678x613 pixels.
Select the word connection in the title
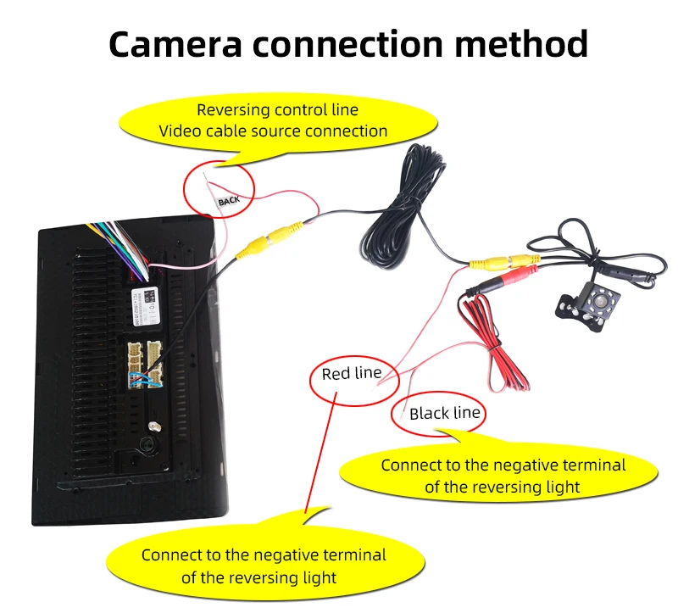click(x=357, y=44)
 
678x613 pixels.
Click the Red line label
click(x=351, y=374)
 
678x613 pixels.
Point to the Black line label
click(x=444, y=414)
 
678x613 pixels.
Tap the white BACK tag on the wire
click(x=230, y=201)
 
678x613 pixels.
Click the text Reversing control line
click(x=277, y=110)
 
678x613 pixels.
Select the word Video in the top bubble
click(x=180, y=131)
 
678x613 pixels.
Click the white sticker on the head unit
click(x=148, y=301)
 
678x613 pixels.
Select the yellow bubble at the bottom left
click(x=263, y=566)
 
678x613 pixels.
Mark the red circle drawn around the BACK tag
click(x=220, y=190)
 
